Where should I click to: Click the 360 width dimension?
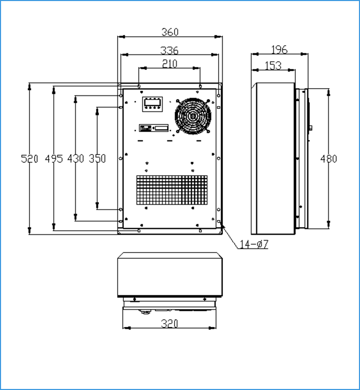tap(170, 32)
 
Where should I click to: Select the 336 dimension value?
tap(169, 50)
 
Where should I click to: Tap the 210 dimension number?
tap(170, 64)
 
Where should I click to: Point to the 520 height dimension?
tap(30, 159)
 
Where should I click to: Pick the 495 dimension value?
tap(54, 159)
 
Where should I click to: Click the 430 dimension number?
tap(76, 159)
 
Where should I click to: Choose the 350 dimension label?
tap(97, 159)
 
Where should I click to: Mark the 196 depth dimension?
tap(279, 50)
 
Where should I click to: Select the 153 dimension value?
tap(273, 66)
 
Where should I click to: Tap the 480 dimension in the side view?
tap(328, 159)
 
